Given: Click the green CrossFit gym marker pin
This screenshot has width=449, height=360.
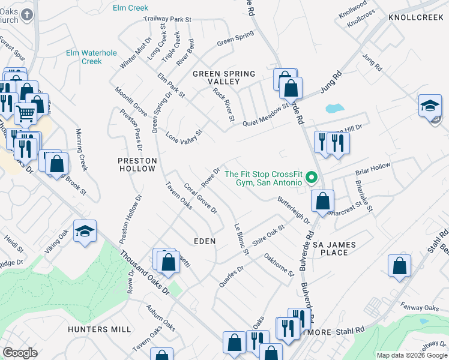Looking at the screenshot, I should [x=311, y=178].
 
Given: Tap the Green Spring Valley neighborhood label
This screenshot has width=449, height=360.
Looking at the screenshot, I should [x=223, y=77].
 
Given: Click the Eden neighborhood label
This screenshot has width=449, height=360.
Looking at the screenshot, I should [x=204, y=241].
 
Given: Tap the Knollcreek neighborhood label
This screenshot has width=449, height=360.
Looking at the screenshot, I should [x=415, y=18].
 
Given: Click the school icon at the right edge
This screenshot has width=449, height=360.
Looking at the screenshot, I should [x=430, y=106].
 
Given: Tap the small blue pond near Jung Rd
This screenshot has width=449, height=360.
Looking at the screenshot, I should [x=334, y=109].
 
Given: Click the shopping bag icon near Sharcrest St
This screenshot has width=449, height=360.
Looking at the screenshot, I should [x=322, y=202].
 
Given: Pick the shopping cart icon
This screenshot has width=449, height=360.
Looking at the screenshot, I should [x=25, y=112].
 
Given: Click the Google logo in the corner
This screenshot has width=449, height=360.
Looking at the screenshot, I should [x=20, y=353].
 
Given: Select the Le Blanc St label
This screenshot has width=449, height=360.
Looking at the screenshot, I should [x=240, y=239].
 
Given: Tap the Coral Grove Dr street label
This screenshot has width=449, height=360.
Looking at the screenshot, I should [x=200, y=198].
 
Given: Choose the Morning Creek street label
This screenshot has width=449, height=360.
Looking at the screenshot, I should [x=82, y=149].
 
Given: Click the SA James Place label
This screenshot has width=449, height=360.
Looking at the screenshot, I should [x=334, y=248].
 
